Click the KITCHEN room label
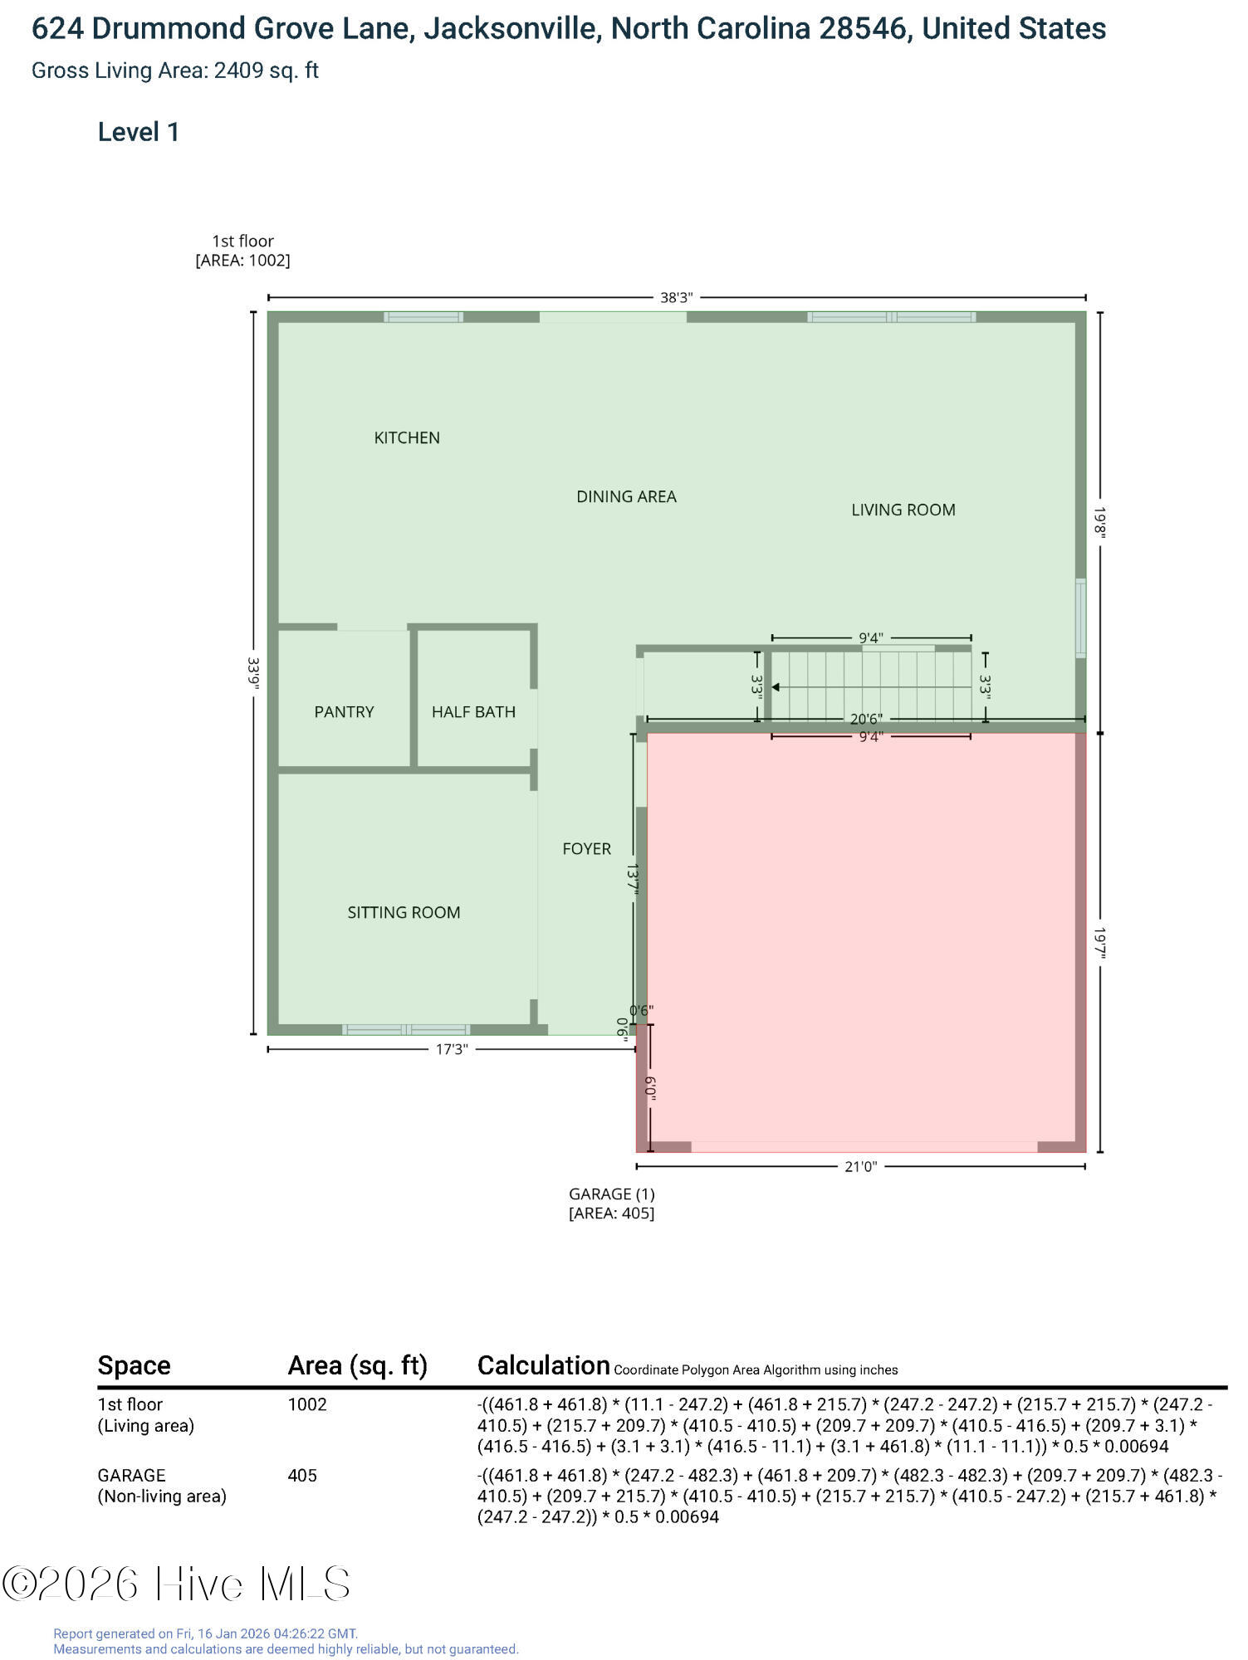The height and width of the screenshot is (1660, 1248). tap(407, 437)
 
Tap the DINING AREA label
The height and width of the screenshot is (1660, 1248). tap(626, 496)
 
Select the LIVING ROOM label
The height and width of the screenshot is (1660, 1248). tap(903, 510)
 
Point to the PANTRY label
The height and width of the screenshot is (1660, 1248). tap(344, 711)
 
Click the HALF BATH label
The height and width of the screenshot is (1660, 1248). tap(473, 711)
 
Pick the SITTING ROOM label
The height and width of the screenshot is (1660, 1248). tap(404, 912)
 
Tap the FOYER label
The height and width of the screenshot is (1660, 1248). tap(586, 848)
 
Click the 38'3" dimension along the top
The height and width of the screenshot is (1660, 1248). tap(676, 298)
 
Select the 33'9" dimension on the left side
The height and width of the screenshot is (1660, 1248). tap(253, 673)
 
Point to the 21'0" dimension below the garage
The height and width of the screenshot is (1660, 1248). tap(860, 1166)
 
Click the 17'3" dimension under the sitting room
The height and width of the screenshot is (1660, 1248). tap(452, 1049)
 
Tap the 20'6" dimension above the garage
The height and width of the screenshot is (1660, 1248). tap(866, 719)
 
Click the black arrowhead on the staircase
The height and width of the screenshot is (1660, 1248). tap(776, 687)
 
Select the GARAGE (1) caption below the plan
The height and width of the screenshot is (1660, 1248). tap(611, 1194)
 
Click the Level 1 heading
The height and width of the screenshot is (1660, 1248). tap(139, 132)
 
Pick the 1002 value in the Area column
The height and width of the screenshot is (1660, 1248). tap(307, 1404)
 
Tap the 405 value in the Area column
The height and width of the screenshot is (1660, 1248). tap(302, 1475)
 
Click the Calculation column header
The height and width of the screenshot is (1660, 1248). tap(543, 1365)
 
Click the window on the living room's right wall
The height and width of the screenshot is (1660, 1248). tap(1080, 618)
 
